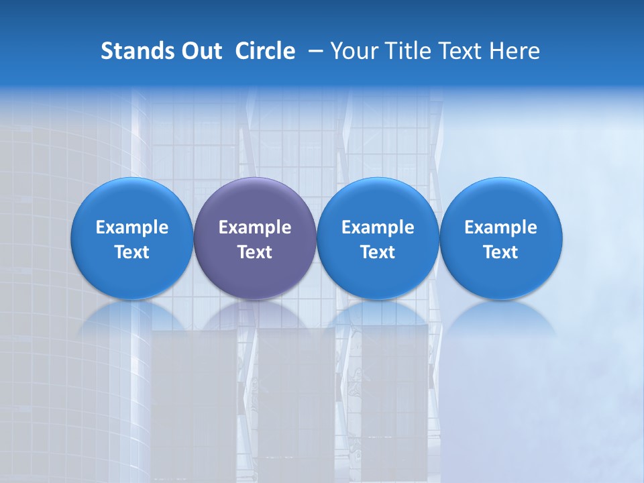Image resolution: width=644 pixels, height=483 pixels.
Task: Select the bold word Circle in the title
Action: [265, 51]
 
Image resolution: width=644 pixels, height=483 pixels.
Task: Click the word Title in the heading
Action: [407, 51]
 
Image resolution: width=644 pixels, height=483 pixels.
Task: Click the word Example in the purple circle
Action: [255, 227]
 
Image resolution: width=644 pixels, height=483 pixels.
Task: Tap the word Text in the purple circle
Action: [255, 252]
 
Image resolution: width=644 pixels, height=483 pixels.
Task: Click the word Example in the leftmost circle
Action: [131, 227]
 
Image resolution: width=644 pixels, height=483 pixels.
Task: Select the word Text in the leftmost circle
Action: [131, 252]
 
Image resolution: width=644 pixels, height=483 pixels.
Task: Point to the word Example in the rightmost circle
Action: [501, 227]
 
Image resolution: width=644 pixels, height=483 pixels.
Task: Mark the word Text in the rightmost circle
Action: [501, 252]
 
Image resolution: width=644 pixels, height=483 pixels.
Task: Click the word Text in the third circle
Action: [378, 252]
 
